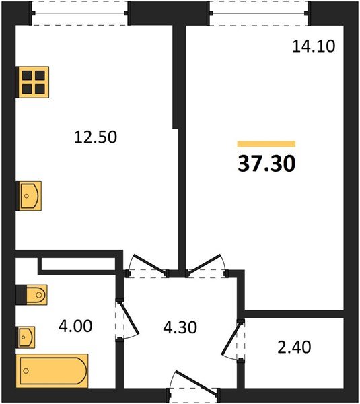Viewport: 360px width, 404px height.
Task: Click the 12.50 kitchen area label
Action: coord(96,137)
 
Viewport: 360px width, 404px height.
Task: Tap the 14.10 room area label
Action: coord(314,46)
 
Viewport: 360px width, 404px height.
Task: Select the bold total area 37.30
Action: coord(266,164)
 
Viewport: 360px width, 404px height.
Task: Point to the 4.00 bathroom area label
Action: coord(75,326)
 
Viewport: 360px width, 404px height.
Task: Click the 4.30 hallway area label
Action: coord(180,327)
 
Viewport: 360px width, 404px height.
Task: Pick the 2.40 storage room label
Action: coord(294,347)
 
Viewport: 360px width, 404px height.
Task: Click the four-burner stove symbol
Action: coord(32,82)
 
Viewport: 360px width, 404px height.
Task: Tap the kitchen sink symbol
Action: coord(28,196)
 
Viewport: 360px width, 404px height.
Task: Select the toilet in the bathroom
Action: coord(32,295)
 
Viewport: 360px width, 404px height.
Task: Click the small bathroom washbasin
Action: coord(26,337)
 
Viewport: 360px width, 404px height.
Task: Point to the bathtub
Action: coord(52,371)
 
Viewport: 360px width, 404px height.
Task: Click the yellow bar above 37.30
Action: coord(266,144)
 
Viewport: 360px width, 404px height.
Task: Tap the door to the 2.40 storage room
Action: coord(233,339)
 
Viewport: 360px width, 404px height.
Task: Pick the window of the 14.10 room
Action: coord(258,13)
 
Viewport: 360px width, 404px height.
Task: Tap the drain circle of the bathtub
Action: coord(26,371)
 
